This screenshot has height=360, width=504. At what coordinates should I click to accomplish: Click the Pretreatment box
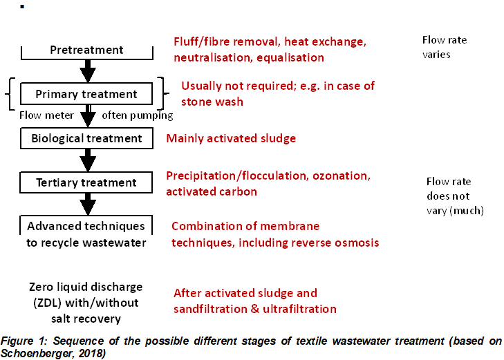[x=87, y=50]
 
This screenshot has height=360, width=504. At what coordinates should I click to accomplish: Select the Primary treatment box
[x=87, y=94]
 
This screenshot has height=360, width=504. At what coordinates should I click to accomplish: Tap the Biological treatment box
[x=87, y=138]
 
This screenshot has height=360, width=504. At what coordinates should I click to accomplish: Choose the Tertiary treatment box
[x=87, y=182]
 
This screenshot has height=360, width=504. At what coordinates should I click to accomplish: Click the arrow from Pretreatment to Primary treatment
[x=87, y=70]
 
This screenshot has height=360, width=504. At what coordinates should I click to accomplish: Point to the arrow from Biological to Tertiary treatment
[x=87, y=160]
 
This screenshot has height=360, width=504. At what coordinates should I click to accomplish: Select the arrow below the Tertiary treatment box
[x=87, y=205]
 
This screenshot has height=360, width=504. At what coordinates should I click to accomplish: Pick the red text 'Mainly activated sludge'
[x=231, y=138]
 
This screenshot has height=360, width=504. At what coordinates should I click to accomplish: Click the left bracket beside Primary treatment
[x=10, y=94]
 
